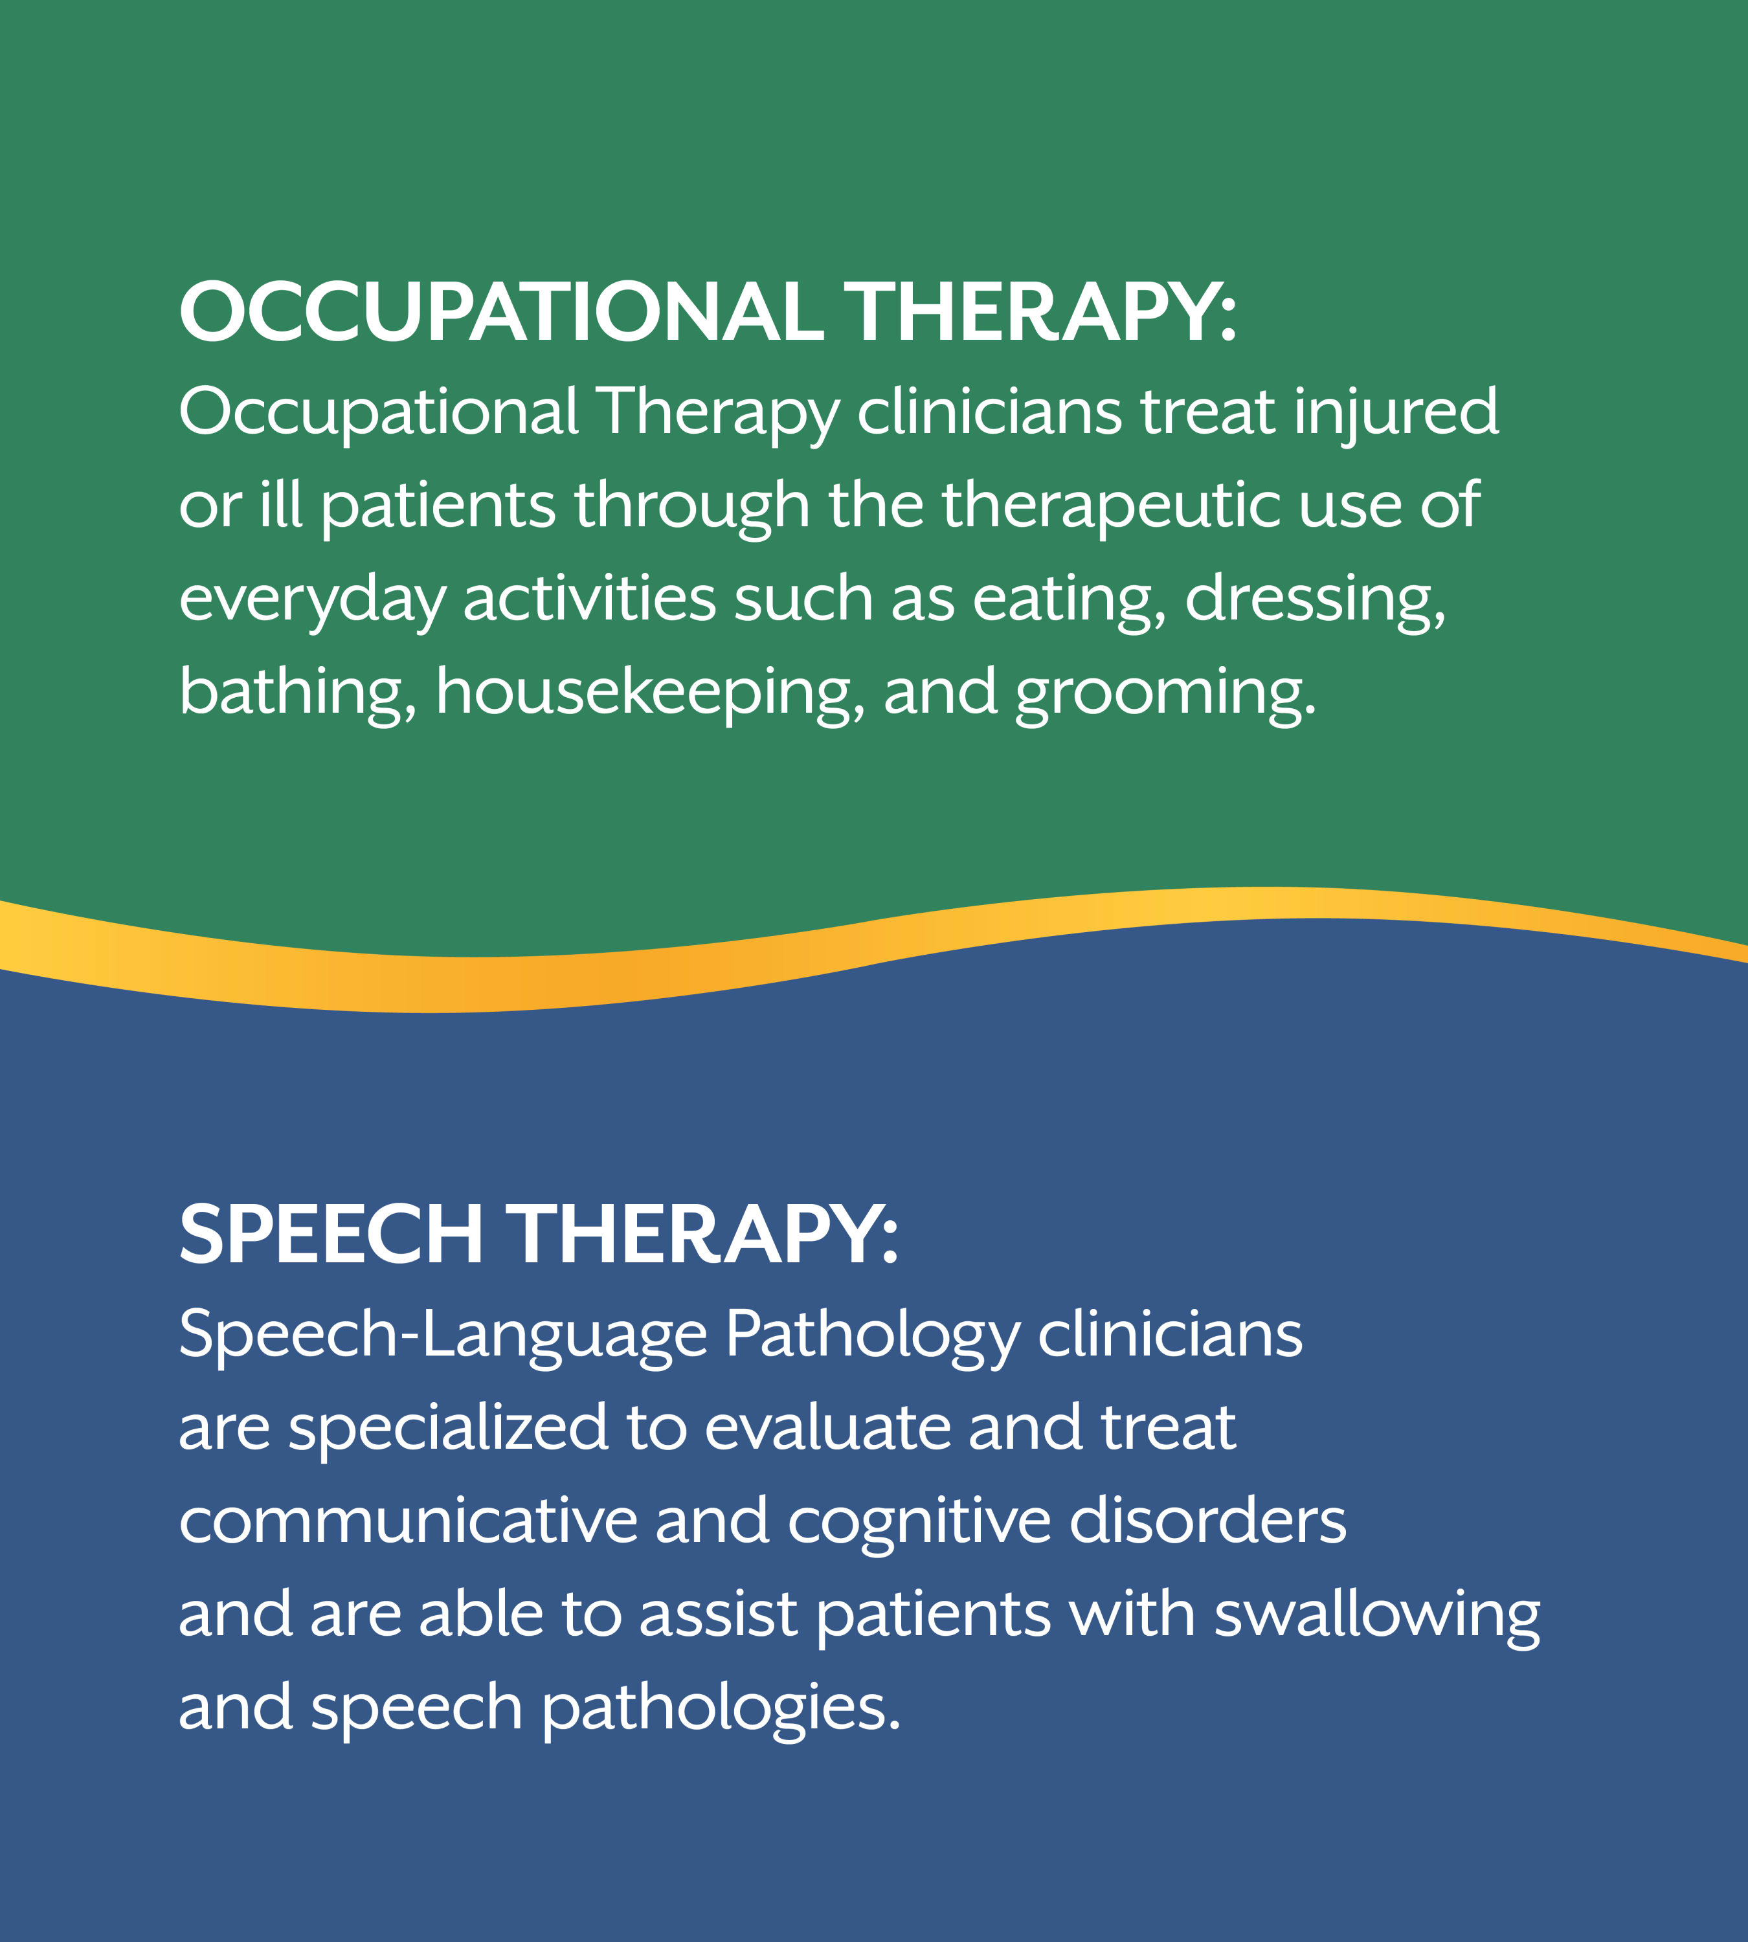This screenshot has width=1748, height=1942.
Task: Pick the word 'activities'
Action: (590, 597)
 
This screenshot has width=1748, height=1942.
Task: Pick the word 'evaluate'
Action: (827, 1427)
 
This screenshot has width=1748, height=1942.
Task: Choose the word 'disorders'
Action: (1208, 1521)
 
